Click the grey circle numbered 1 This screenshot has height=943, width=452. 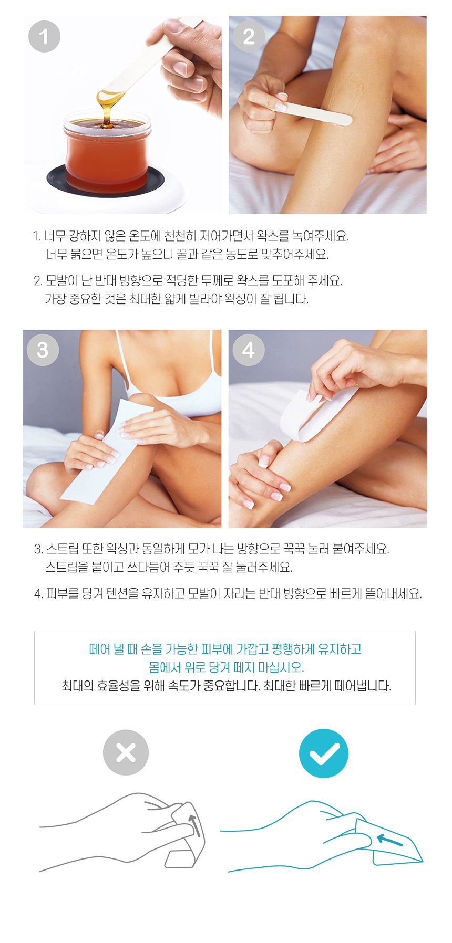tap(44, 36)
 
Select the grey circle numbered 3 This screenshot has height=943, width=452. tap(43, 350)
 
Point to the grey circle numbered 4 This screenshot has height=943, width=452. tap(249, 350)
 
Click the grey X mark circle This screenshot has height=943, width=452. tap(126, 752)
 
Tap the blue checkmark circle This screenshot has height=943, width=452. tap(324, 753)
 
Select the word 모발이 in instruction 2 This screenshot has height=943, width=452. tap(62, 280)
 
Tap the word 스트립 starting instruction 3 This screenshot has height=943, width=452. tap(63, 549)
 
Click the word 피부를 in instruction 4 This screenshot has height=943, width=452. tap(63, 593)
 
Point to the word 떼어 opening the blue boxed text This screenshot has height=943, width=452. tap(99, 649)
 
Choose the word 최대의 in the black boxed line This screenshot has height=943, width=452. tap(77, 686)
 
